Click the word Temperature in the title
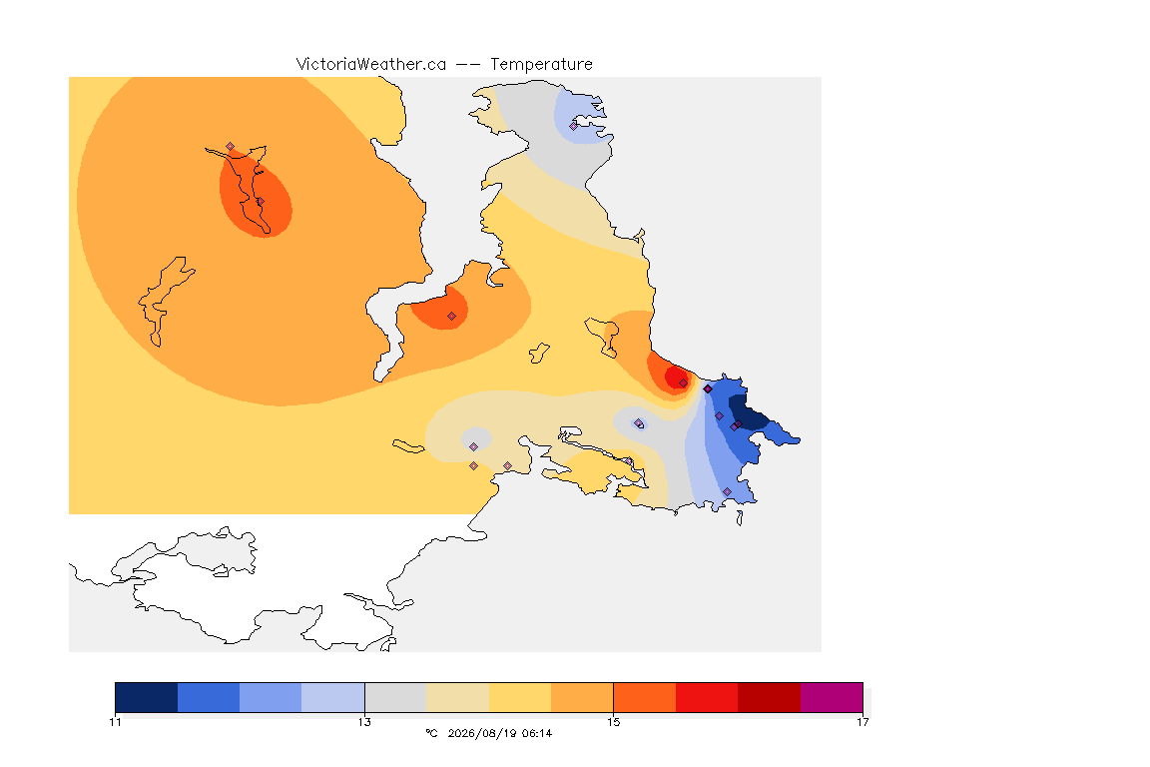pyautogui.click(x=541, y=65)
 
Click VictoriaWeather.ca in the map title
pyautogui.click(x=371, y=65)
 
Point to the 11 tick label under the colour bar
pyautogui.click(x=115, y=722)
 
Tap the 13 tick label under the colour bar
pyautogui.click(x=364, y=722)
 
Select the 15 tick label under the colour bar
pyautogui.click(x=613, y=722)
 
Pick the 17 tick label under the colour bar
pyautogui.click(x=862, y=722)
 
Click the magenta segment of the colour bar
pyautogui.click(x=832, y=697)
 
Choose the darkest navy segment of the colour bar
pyautogui.click(x=147, y=697)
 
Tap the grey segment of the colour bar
pyautogui.click(x=395, y=697)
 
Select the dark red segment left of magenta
pyautogui.click(x=770, y=697)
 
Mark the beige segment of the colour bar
pyautogui.click(x=457, y=697)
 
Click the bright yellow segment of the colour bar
pyautogui.click(x=520, y=697)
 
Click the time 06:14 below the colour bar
pyautogui.click(x=537, y=733)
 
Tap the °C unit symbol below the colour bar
pyautogui.click(x=431, y=733)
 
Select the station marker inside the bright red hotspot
pyautogui.click(x=684, y=383)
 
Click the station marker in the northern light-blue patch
pyautogui.click(x=574, y=126)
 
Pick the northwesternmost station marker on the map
pyautogui.click(x=231, y=147)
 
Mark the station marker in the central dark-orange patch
pyautogui.click(x=452, y=317)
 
